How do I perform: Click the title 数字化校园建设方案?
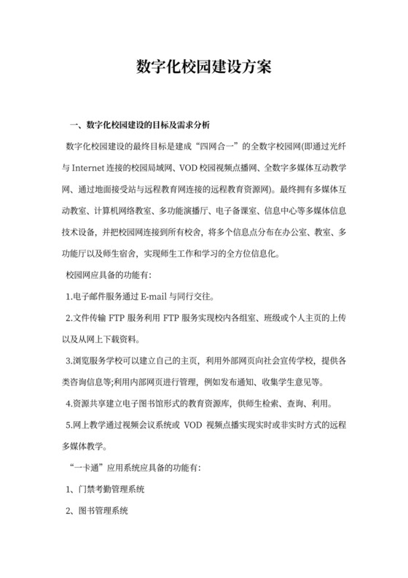pos(204,66)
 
